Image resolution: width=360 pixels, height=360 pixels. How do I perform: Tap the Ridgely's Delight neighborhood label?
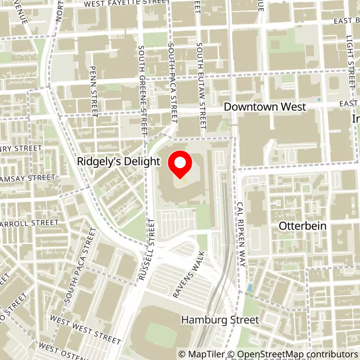pos(119,161)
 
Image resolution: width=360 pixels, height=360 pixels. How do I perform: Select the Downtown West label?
pos(265,107)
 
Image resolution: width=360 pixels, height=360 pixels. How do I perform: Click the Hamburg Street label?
pos(220,320)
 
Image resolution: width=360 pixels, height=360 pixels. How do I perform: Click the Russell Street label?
pos(147,249)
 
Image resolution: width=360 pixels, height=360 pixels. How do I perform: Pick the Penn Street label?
pos(94,91)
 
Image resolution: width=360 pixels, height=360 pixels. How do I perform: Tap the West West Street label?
pos(85,329)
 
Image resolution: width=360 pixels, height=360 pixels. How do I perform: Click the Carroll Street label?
pos(30,223)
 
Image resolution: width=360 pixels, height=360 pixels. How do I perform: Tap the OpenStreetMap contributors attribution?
pos(292,354)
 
